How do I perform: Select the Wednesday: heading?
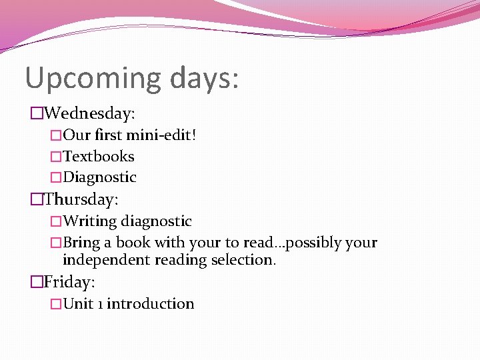pos(93,113)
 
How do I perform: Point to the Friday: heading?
pos(69,282)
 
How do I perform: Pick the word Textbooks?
pos(99,157)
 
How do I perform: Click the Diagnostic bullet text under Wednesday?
pos(100,177)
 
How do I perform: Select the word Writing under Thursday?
pos(90,221)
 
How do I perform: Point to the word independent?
pos(107,259)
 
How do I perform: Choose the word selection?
pos(242,259)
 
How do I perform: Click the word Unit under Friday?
pos(78,304)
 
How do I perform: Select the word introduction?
pos(151,304)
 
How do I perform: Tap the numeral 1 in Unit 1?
pos(100,304)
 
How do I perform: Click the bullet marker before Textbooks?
pos(55,157)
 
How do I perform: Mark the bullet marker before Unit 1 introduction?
pos(55,304)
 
